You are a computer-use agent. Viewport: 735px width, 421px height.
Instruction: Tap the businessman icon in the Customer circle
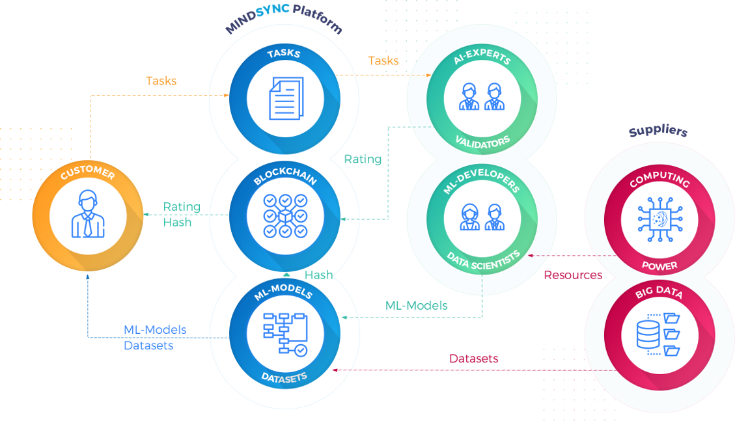87,214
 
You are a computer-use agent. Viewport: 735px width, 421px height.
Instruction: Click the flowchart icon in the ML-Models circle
284,334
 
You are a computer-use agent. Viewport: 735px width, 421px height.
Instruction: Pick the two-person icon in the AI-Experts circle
481,97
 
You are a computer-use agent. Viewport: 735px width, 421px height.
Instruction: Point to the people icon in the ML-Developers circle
481,217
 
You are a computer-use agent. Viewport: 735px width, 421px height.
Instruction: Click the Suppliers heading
658,132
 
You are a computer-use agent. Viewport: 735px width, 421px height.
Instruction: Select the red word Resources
573,275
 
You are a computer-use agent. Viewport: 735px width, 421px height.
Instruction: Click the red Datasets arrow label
474,359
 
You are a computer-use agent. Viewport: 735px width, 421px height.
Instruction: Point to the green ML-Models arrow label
416,305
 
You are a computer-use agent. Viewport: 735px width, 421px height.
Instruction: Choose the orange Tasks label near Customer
161,81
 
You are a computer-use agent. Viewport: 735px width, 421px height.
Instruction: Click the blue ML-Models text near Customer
155,330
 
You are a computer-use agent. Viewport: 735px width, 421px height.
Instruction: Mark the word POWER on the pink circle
659,265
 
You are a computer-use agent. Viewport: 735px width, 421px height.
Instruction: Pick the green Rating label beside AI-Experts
363,159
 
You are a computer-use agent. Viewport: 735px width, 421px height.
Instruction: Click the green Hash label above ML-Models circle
319,275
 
